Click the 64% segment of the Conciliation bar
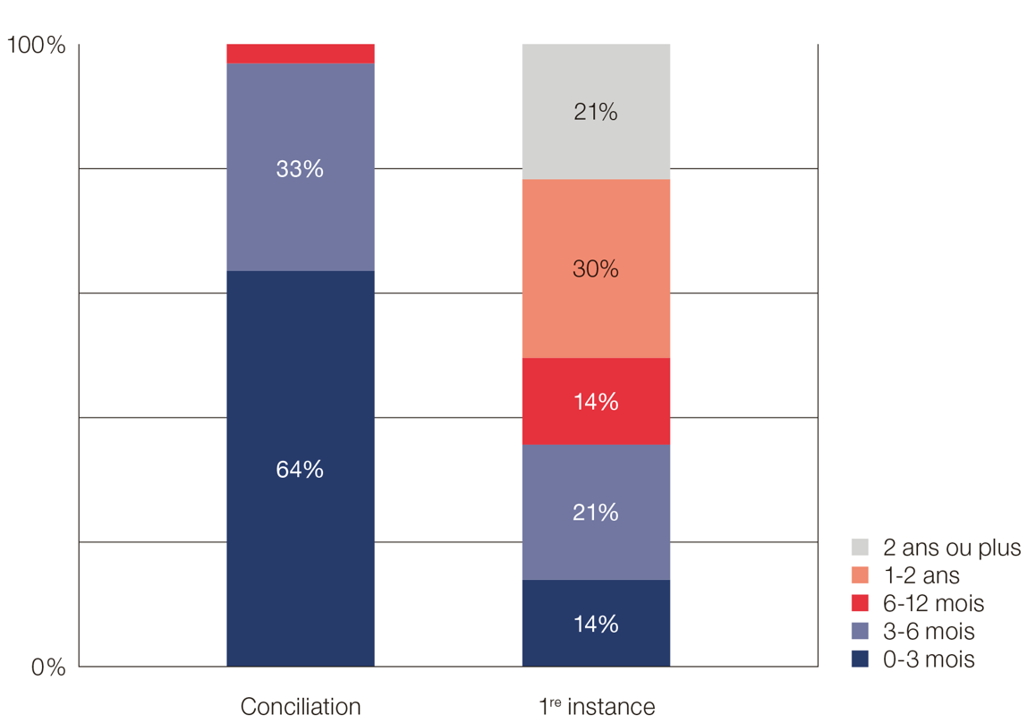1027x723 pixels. (x=301, y=468)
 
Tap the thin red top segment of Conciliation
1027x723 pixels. (x=301, y=54)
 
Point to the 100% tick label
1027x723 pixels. (x=37, y=46)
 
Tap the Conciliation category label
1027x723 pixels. (x=301, y=707)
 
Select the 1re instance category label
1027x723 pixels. (x=597, y=707)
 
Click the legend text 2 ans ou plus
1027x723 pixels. (x=952, y=548)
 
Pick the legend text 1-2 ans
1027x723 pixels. (x=921, y=575)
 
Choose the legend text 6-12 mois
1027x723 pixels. (x=933, y=603)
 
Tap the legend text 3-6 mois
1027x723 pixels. (x=929, y=632)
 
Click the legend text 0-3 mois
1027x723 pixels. (x=929, y=659)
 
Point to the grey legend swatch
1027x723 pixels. (x=861, y=548)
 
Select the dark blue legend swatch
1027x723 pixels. (x=861, y=659)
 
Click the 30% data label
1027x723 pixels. (x=596, y=268)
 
